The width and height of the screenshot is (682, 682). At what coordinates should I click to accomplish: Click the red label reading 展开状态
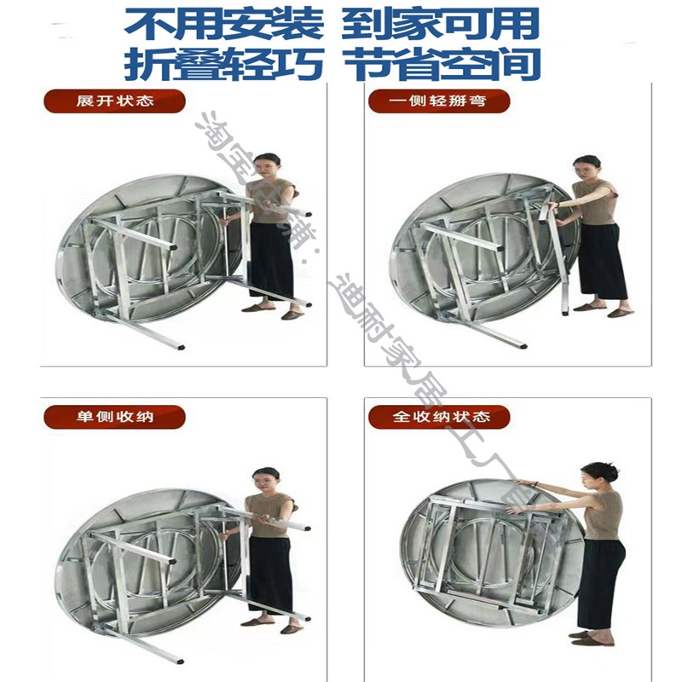(114, 101)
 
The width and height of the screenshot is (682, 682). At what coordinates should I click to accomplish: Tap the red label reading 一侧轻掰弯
(439, 101)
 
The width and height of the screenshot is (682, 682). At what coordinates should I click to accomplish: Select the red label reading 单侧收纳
(114, 418)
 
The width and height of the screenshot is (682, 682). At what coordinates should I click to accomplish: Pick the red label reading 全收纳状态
(439, 418)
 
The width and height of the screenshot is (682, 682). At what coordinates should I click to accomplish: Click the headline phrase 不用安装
(223, 23)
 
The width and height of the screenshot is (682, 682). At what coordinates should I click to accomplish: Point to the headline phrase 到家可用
(441, 23)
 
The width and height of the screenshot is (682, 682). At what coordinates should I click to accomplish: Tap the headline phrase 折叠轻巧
(223, 64)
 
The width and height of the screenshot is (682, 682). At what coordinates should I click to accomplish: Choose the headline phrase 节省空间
(441, 64)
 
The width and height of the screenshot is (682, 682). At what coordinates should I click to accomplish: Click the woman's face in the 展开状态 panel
(268, 165)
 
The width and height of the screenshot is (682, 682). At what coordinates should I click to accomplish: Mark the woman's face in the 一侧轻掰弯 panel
(587, 167)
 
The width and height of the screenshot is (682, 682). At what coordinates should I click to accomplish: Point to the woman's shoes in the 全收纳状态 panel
(588, 637)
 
